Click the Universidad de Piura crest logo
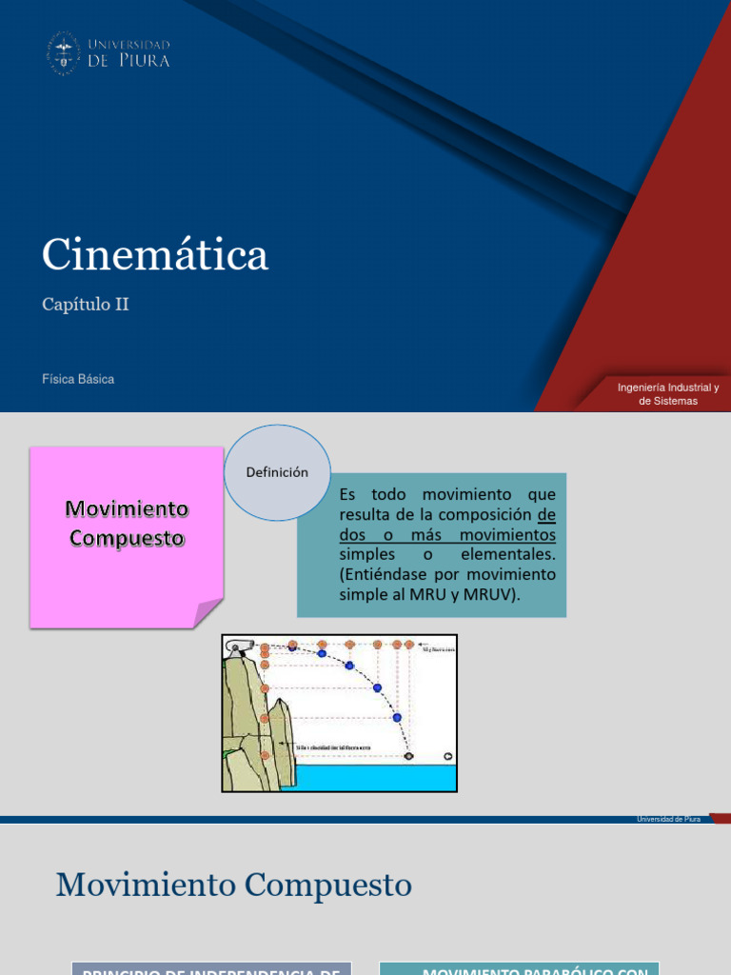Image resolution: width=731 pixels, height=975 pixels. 64,52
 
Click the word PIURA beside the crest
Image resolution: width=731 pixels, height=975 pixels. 144,61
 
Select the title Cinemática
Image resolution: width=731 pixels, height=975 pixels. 155,255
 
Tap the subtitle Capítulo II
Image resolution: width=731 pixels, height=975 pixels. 85,305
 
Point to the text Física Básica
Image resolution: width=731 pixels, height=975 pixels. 78,379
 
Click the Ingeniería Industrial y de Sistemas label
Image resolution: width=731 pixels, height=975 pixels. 668,394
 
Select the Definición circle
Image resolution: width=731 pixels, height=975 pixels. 278,472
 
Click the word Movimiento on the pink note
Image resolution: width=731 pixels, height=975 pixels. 127,509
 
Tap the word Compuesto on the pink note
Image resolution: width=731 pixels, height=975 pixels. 127,538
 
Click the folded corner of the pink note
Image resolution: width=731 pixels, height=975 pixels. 209,614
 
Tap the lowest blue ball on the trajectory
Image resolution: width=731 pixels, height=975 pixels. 397,717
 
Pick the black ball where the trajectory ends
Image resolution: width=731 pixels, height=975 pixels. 408,756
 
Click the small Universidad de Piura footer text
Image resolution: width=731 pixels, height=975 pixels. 668,820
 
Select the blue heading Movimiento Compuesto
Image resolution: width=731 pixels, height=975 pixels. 234,885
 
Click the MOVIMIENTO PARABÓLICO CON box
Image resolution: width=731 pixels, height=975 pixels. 519,968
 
